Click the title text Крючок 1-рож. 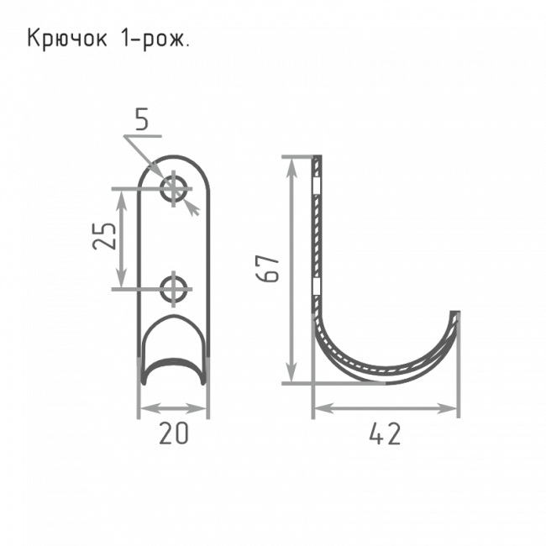point(108,39)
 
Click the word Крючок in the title point(68,39)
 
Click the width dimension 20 point(173,433)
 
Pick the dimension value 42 point(386,433)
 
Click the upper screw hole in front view point(174,187)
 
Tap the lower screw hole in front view point(174,288)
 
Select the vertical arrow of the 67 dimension point(291,269)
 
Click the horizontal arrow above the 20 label point(173,409)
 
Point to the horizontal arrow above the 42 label point(386,409)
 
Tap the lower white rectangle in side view point(317,288)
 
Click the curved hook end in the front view point(173,368)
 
